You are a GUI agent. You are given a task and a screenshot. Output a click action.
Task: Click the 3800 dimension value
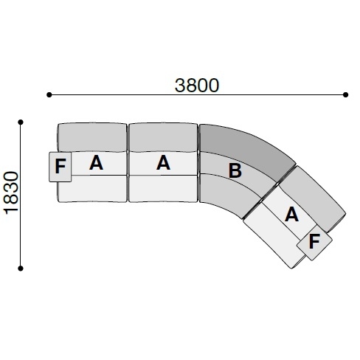(x=197, y=86)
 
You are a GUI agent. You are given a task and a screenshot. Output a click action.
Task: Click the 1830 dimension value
(x=11, y=193)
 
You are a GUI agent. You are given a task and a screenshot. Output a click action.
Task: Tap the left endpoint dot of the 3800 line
(x=49, y=94)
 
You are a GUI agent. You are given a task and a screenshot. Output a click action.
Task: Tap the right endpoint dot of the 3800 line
(x=345, y=94)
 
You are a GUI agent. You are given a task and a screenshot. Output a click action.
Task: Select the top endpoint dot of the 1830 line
(x=21, y=122)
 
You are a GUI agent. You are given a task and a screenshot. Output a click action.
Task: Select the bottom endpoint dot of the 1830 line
(x=21, y=269)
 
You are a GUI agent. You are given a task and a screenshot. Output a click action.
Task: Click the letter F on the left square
(x=60, y=167)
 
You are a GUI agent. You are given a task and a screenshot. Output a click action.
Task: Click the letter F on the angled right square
(x=314, y=241)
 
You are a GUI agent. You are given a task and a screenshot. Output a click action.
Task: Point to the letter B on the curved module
(x=235, y=170)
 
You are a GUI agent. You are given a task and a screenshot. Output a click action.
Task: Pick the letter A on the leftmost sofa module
(x=96, y=163)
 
